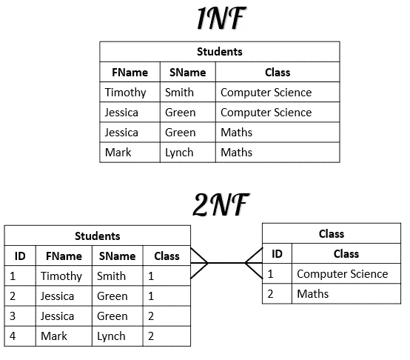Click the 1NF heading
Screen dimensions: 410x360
tap(221, 18)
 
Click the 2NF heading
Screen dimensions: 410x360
tap(221, 204)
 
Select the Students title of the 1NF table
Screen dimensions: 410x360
tap(220, 52)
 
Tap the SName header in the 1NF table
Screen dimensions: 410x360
tap(188, 72)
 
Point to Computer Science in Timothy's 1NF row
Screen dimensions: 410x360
tap(266, 93)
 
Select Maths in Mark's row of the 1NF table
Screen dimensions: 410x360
tap(236, 153)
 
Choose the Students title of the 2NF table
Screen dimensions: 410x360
tap(98, 236)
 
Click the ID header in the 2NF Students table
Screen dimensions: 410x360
tap(20, 256)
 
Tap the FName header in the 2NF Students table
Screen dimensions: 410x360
tap(64, 256)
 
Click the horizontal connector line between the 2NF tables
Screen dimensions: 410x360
tap(226, 263)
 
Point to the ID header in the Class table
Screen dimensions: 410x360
tap(278, 254)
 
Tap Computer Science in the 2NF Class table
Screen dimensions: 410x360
tap(343, 274)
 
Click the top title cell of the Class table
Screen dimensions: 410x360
tap(332, 233)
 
